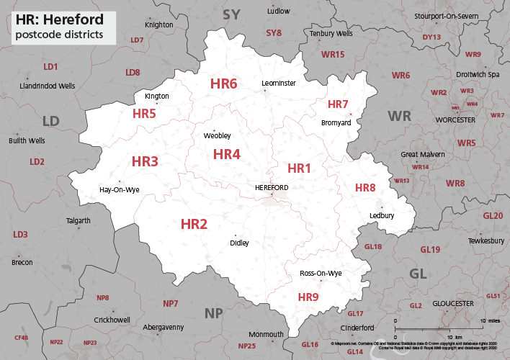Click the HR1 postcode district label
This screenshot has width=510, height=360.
tap(299, 168)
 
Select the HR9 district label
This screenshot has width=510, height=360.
tap(308, 297)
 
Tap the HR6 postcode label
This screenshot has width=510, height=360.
tap(223, 84)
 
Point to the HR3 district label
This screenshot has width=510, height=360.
tap(145, 162)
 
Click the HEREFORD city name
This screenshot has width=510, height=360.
tap(272, 188)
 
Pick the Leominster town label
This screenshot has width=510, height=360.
tap(279, 84)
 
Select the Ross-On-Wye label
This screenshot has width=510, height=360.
tap(321, 274)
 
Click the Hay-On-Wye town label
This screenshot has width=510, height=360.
tap(119, 190)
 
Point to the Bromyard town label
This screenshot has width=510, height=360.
tap(336, 123)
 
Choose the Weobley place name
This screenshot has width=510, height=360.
tap(218, 135)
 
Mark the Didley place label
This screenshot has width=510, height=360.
tap(239, 243)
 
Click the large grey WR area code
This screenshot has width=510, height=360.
tap(400, 116)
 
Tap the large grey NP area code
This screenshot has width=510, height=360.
tap(214, 312)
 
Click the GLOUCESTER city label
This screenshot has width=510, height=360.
tap(453, 304)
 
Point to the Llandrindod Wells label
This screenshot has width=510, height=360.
tap(48, 86)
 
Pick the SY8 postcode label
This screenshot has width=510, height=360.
tap(274, 33)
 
